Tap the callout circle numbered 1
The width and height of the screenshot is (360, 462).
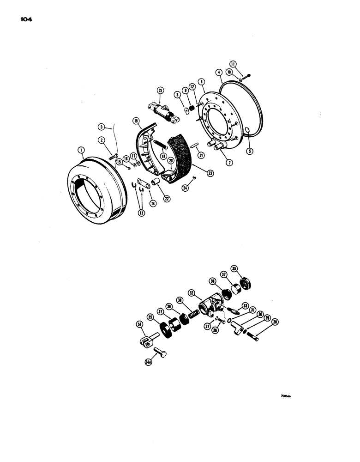coord(81,150)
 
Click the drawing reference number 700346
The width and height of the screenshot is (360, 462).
coord(286,396)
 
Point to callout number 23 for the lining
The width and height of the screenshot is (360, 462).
coord(210,174)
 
